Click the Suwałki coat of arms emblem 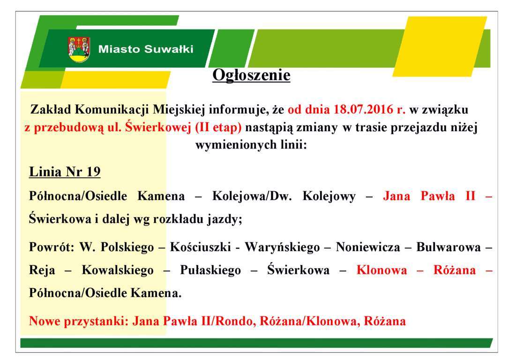coord(79,49)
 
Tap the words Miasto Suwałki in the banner coord(146,49)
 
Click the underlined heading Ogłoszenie coord(251,75)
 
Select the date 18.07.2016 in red coord(363,109)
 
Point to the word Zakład coord(51,109)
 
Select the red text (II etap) coord(218,127)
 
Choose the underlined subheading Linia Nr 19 coord(65,172)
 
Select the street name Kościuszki coord(200,247)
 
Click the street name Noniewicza coord(368,247)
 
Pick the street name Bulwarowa coord(448,247)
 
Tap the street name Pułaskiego coord(210,270)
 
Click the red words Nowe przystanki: coord(79,322)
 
